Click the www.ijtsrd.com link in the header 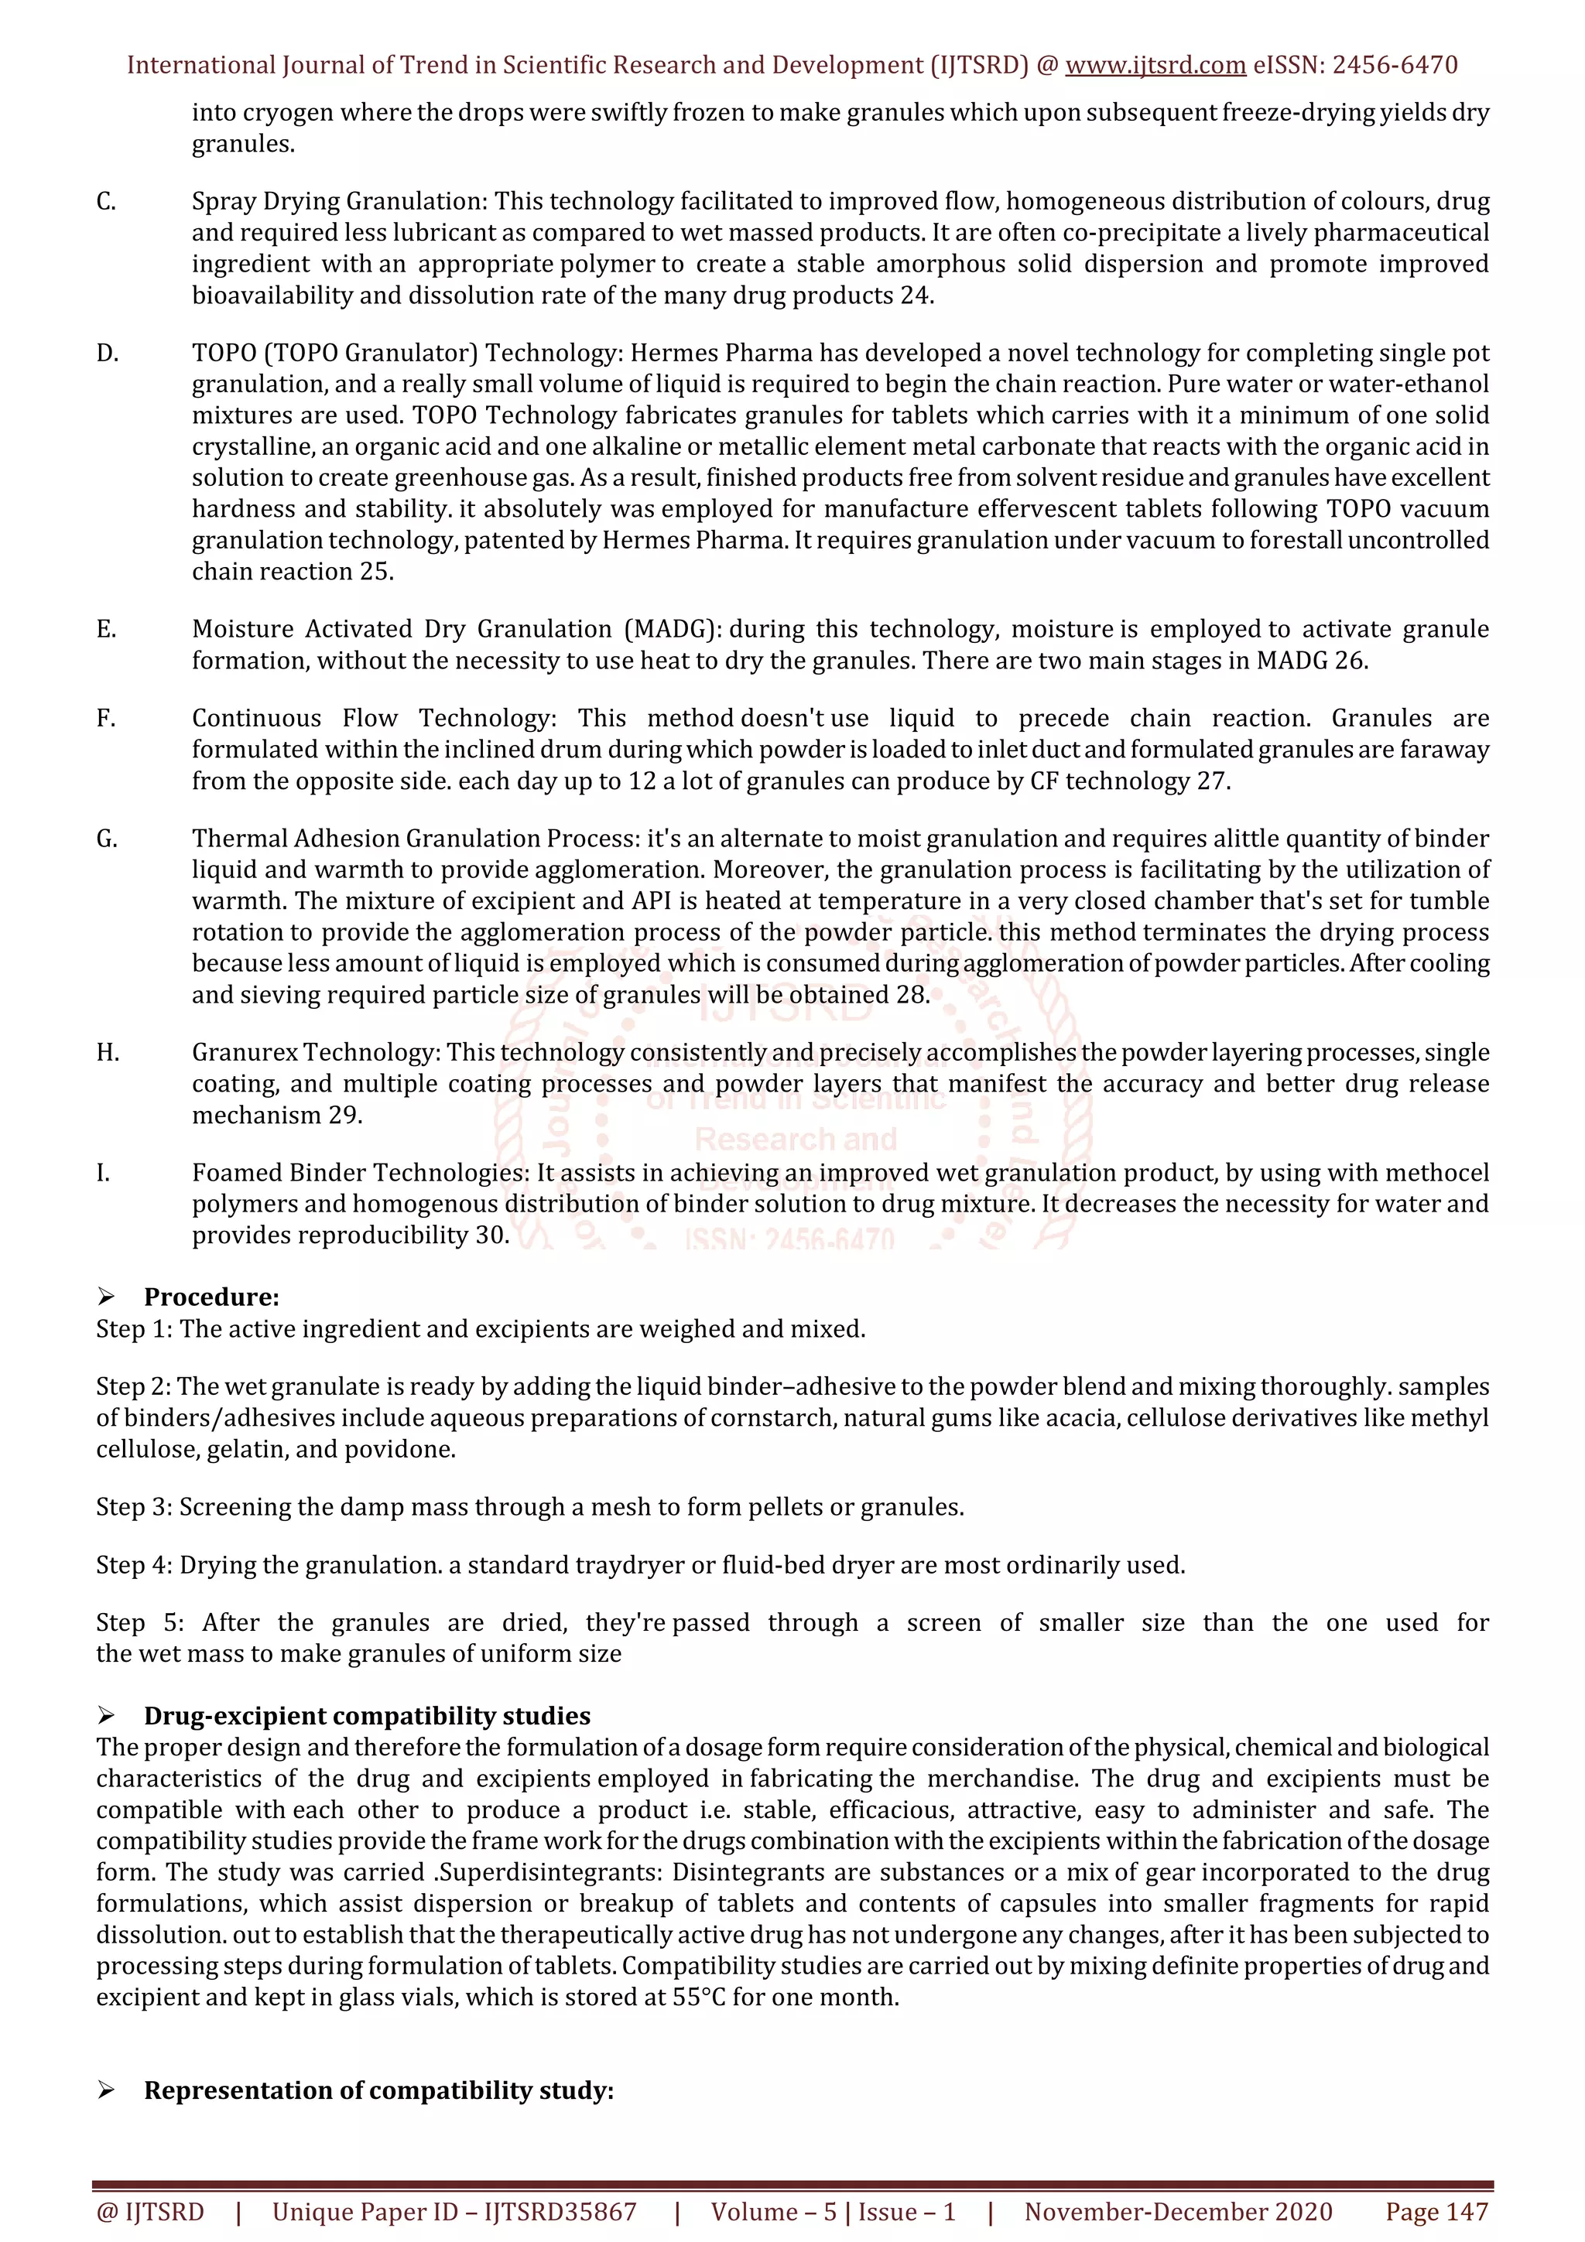coord(1155,66)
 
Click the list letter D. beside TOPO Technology coord(108,354)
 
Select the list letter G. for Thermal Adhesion coord(108,839)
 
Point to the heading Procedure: coord(211,1297)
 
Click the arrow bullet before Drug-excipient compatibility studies coord(107,1716)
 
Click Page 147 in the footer coord(1436,2212)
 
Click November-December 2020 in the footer coord(1178,2212)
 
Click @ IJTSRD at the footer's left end coord(150,2212)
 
